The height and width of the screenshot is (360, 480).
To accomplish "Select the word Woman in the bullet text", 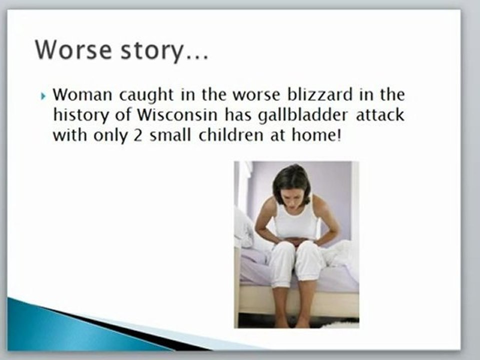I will click(x=80, y=94).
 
